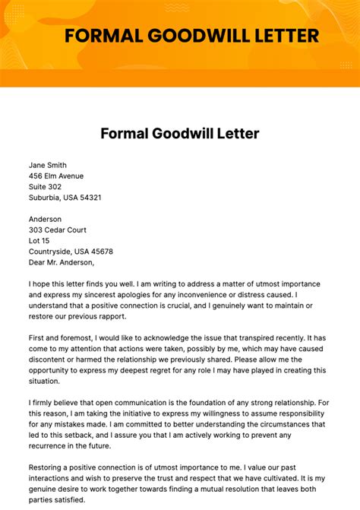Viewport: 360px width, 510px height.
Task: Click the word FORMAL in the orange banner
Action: coord(99,35)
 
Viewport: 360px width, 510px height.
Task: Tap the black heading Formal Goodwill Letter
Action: coord(180,134)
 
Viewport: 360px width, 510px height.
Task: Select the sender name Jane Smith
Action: coord(48,165)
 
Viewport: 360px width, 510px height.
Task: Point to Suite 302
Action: coord(46,186)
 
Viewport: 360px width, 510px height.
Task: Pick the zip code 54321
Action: coord(89,198)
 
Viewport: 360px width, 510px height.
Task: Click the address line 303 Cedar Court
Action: coord(58,230)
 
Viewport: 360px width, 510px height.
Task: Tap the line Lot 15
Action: coord(40,241)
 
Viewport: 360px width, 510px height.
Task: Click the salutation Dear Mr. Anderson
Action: coord(62,262)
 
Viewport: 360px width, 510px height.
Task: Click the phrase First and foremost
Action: coord(63,337)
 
